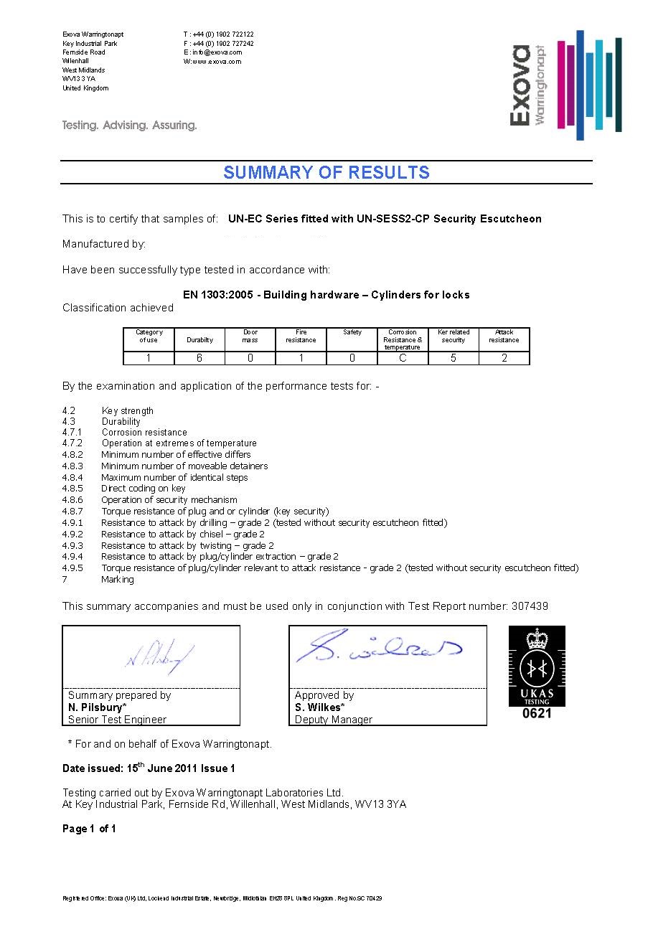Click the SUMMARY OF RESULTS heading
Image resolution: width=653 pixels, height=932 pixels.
(x=326, y=173)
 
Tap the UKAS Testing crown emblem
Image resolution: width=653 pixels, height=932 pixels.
(x=537, y=639)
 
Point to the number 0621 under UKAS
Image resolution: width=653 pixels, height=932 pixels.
(x=537, y=714)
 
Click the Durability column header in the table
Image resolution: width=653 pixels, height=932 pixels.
(x=199, y=340)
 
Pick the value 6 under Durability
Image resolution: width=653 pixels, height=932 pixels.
(x=199, y=358)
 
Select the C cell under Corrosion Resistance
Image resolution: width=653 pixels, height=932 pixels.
(x=403, y=358)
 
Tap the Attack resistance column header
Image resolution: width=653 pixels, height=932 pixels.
(x=504, y=336)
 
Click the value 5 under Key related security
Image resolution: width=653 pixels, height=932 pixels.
(x=454, y=358)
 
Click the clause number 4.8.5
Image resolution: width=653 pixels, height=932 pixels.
(x=72, y=489)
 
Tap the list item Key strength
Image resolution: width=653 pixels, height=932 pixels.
(x=128, y=411)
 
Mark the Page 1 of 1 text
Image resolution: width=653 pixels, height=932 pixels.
(x=89, y=829)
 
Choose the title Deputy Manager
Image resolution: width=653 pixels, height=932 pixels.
(x=333, y=720)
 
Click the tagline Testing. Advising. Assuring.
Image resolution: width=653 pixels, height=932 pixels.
(x=129, y=126)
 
